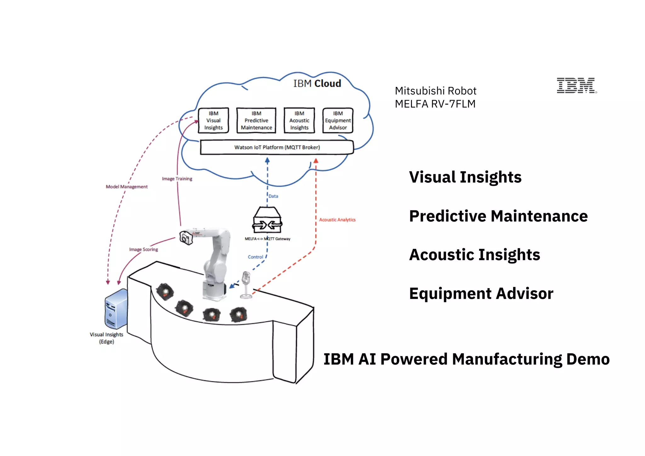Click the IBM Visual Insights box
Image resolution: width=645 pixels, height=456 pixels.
point(213,121)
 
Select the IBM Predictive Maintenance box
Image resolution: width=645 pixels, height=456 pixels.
point(256,121)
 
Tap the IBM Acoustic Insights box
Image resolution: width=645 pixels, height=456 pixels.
point(299,121)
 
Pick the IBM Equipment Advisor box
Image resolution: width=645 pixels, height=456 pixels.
point(338,121)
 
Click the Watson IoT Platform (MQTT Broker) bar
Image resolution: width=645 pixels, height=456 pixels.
point(277,147)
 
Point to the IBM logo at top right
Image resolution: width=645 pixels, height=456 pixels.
point(576,85)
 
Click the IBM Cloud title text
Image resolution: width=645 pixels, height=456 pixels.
point(317,83)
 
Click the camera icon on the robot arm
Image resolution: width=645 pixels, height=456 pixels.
point(186,238)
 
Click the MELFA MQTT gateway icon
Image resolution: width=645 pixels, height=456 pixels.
point(267,220)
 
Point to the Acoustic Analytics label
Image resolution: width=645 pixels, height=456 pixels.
point(337,220)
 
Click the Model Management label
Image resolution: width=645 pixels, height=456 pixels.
point(127,187)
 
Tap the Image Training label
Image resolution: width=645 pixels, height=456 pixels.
point(177,179)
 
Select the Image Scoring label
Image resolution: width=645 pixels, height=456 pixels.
point(143,249)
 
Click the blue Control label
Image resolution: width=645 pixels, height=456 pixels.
point(255,257)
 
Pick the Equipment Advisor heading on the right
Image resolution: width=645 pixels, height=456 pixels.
point(481,294)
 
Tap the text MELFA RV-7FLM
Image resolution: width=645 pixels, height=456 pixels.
point(435,104)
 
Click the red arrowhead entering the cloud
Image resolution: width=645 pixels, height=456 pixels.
point(316,161)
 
